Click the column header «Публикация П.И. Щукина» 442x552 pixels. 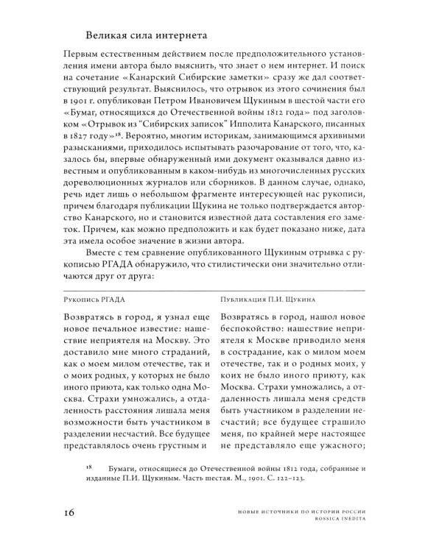[x=267, y=300]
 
